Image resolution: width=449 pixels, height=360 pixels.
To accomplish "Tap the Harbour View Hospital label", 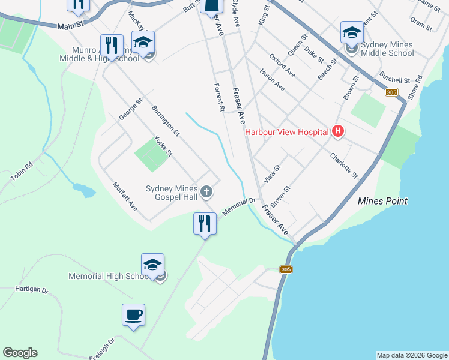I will click(286, 132).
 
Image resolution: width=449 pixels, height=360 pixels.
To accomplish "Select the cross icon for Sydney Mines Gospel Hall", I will click(206, 192).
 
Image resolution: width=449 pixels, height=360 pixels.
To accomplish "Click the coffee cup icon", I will click(133, 314).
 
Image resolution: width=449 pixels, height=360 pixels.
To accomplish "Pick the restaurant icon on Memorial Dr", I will click(205, 224).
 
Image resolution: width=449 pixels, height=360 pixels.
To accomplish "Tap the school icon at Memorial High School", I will click(152, 265).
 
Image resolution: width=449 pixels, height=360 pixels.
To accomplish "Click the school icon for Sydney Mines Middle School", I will click(351, 32).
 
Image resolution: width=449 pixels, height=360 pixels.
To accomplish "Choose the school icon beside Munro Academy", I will click(143, 42).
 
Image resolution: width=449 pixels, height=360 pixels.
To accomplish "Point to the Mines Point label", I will click(382, 201).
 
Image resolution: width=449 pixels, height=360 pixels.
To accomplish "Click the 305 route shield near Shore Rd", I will click(391, 92).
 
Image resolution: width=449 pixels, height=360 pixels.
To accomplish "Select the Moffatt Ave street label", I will click(125, 197).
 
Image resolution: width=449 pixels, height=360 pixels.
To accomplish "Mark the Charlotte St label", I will click(343, 165).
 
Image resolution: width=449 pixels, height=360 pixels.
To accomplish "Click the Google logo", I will click(20, 353).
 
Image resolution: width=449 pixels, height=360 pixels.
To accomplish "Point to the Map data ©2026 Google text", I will click(411, 355).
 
